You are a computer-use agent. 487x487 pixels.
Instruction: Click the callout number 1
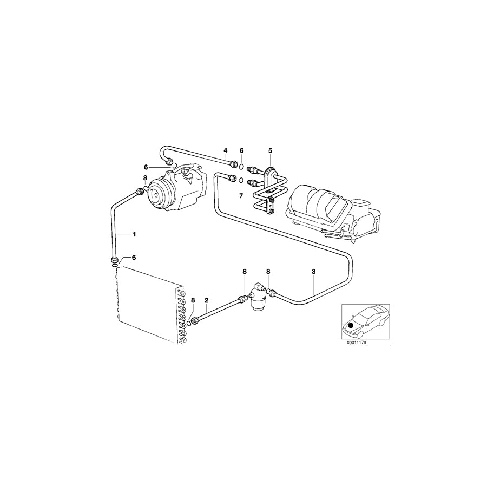135,234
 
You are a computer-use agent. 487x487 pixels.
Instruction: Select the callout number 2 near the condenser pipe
206,299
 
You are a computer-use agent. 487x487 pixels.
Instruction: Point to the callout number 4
226,150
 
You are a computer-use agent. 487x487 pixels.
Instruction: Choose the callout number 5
270,150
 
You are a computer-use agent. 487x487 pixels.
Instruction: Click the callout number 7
241,194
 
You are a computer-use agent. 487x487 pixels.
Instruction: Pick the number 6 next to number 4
242,150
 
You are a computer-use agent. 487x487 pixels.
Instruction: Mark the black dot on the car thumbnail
351,325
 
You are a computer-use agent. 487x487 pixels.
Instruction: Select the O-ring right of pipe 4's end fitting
242,164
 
